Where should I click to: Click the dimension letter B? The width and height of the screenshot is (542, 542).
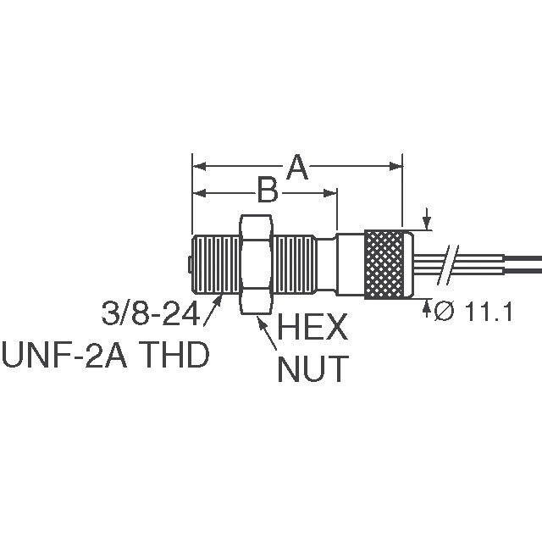[268, 192]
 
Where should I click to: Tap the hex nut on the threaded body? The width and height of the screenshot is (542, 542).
[255, 263]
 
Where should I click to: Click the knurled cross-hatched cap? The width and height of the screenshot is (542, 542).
[388, 263]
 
